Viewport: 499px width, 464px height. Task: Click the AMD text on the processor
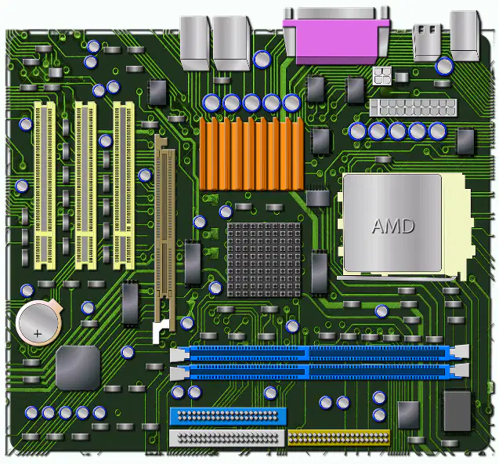(x=393, y=226)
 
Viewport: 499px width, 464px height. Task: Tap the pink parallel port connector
(x=337, y=37)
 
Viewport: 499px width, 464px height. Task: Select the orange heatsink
(x=251, y=154)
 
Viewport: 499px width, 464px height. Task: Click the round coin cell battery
(x=39, y=323)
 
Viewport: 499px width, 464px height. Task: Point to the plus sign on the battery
(x=38, y=334)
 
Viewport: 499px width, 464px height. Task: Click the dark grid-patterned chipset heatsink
(x=264, y=259)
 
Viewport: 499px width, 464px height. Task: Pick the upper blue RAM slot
(x=320, y=353)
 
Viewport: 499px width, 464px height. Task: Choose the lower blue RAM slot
(x=320, y=372)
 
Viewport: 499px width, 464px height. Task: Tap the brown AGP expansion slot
(x=165, y=233)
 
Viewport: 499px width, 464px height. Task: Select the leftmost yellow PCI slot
(x=45, y=186)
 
